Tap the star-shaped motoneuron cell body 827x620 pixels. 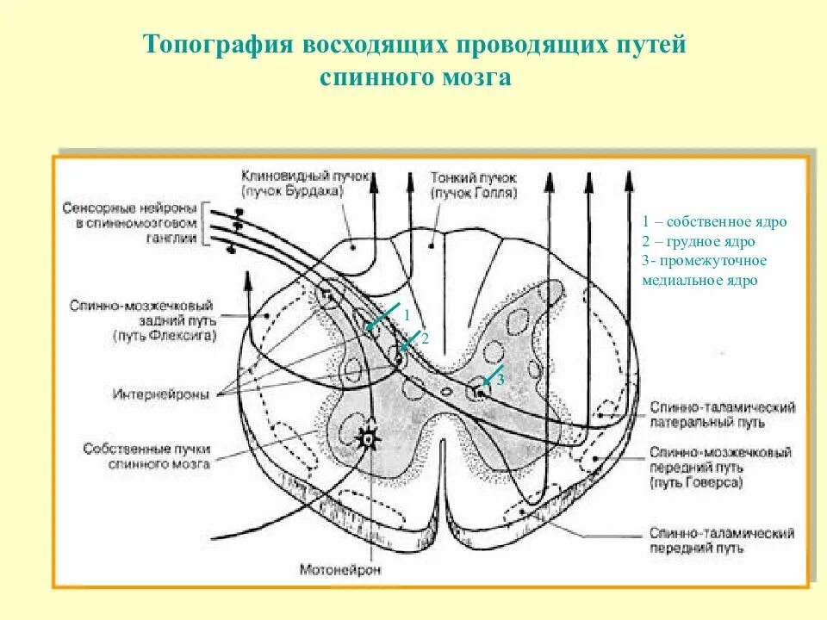(x=370, y=438)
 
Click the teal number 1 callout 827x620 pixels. (x=407, y=315)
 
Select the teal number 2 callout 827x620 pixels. (x=424, y=338)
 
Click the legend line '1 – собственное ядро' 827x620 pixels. (x=714, y=221)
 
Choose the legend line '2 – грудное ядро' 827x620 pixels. (x=698, y=241)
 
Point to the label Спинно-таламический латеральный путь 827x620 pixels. (x=723, y=414)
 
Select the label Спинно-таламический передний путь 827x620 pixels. (x=722, y=541)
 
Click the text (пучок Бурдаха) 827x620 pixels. (x=293, y=190)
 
